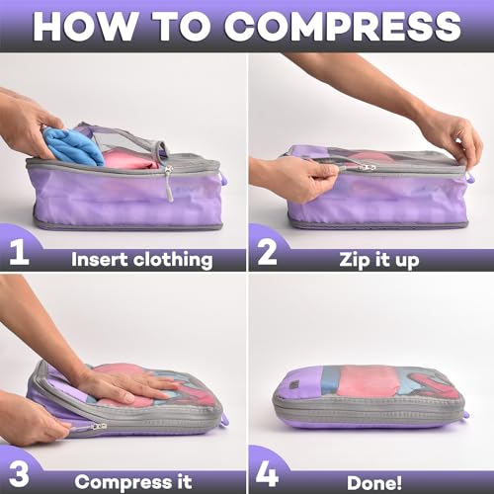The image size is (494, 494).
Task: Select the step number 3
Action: [17, 473]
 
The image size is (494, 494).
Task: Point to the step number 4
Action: [264, 473]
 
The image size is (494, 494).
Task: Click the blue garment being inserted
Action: [74, 145]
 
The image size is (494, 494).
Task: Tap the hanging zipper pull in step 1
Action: [169, 182]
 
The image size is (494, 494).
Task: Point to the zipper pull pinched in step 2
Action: [367, 167]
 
